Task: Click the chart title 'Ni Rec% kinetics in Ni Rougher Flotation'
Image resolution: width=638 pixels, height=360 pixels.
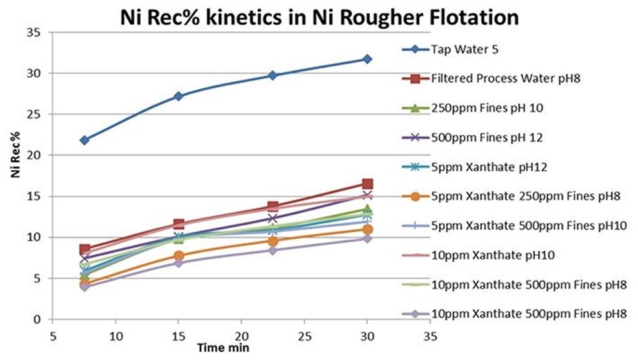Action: coord(319,17)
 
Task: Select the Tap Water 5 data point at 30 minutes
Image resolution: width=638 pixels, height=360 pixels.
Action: coord(367,59)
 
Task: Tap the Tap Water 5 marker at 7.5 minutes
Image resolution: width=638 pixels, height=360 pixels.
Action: coord(85,140)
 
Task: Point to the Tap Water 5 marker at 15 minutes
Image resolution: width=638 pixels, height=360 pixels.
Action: coord(178,96)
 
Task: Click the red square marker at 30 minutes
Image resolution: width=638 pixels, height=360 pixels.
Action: coord(367,184)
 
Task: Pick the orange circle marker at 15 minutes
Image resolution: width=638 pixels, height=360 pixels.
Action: coord(178,256)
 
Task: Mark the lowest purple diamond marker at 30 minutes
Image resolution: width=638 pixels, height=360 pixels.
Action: coord(367,238)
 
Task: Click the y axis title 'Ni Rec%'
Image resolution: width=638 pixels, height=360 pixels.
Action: coord(13,176)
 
